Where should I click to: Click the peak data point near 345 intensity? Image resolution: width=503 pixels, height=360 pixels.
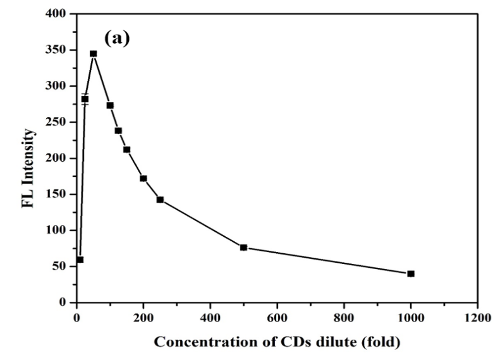pos(94,54)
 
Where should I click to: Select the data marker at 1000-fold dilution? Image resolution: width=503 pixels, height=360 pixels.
pos(411,273)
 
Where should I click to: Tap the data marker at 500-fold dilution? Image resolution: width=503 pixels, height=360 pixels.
pos(243,248)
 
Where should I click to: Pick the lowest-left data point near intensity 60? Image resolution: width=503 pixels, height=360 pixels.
pos(80,260)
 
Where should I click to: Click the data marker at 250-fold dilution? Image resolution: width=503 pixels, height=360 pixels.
pos(160,200)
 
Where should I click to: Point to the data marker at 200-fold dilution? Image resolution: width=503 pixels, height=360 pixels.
pos(143,178)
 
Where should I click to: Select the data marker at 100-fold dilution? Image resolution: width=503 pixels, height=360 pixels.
pos(110,105)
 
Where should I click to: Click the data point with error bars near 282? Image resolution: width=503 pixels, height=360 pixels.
pos(85,99)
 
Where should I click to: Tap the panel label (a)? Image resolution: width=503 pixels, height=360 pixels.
pos(117,39)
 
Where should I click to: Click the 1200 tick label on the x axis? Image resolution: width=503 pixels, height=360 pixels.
pos(478,317)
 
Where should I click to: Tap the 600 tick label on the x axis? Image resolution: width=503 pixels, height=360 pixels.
pos(277,317)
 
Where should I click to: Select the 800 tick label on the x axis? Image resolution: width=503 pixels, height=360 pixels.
pos(344,317)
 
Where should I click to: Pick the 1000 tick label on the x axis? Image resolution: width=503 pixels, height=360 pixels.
pos(411,317)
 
